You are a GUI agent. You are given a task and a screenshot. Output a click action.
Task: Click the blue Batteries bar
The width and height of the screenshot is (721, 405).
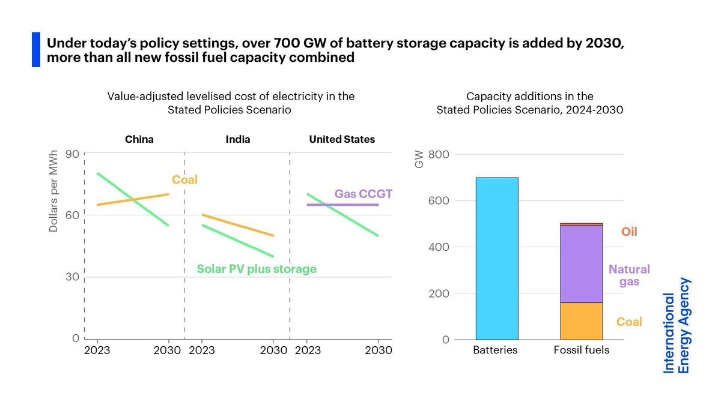pyautogui.click(x=497, y=258)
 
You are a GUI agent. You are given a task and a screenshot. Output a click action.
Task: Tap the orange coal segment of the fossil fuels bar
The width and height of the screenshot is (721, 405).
pyautogui.click(x=581, y=321)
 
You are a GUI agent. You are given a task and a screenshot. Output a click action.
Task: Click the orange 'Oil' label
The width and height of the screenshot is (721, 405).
pyautogui.click(x=629, y=232)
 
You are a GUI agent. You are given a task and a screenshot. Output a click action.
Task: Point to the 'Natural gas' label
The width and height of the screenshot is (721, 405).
pyautogui.click(x=629, y=275)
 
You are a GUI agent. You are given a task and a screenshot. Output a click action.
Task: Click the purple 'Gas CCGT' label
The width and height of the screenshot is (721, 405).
pyautogui.click(x=363, y=194)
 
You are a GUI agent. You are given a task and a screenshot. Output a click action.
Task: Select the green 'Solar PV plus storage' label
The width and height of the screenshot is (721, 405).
pyautogui.click(x=257, y=269)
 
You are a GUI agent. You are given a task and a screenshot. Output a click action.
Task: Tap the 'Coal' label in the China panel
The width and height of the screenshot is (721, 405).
pyautogui.click(x=185, y=179)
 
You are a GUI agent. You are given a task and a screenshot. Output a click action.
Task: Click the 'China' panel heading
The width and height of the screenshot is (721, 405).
pyautogui.click(x=139, y=139)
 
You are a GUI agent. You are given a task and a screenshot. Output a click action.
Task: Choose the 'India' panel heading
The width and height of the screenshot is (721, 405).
pyautogui.click(x=238, y=139)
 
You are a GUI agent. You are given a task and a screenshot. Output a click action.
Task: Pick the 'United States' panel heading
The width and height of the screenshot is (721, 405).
pyautogui.click(x=342, y=139)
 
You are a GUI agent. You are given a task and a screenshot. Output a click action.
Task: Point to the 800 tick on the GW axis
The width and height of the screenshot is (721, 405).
pyautogui.click(x=442, y=154)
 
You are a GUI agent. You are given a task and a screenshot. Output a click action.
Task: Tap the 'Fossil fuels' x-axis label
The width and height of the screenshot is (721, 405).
pyautogui.click(x=581, y=350)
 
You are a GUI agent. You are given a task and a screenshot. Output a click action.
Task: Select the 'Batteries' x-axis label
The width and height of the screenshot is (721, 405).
pyautogui.click(x=495, y=350)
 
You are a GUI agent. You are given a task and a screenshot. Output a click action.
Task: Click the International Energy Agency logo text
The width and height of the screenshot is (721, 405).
pyautogui.click(x=677, y=325)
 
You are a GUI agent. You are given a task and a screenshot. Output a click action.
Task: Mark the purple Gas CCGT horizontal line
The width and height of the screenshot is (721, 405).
pyautogui.click(x=342, y=205)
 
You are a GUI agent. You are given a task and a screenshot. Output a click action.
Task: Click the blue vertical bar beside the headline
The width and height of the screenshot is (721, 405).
pyautogui.click(x=35, y=50)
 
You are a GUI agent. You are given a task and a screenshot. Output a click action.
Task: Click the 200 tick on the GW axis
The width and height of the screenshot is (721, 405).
pyautogui.click(x=442, y=293)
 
